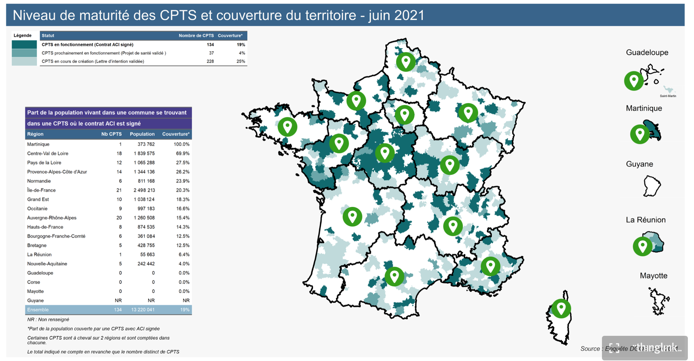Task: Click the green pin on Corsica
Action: coord(561,308)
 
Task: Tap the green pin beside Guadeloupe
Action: coord(634,80)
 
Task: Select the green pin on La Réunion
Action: coord(642,246)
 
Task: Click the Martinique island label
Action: coord(644,108)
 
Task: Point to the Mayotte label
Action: coord(653,276)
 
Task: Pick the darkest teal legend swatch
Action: coord(24,45)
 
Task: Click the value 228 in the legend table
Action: coord(210,61)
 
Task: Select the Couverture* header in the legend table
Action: coord(230,36)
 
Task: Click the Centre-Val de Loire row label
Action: coord(48,153)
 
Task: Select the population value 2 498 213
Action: coord(144,190)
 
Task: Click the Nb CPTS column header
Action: coord(111,134)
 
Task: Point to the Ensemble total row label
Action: coord(38,310)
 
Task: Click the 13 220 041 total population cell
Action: coord(143,310)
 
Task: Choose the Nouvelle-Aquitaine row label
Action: coord(47,264)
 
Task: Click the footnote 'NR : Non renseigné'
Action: coord(48,320)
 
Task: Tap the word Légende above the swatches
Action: coord(22,36)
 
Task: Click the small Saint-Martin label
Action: coord(668,96)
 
